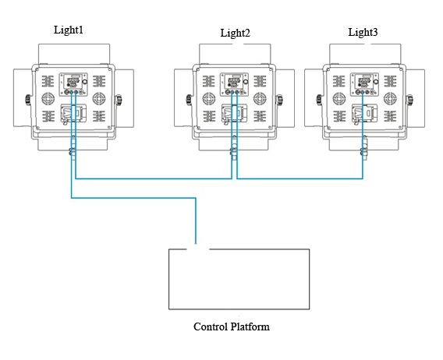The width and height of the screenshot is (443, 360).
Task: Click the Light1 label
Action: click(x=69, y=30)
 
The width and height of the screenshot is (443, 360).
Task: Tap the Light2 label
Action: click(x=235, y=33)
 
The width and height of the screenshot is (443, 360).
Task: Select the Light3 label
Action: click(x=363, y=32)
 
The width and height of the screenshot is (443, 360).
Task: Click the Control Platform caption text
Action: click(x=232, y=326)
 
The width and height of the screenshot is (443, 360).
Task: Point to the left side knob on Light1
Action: click(x=28, y=100)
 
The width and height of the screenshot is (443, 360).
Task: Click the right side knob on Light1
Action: click(x=119, y=100)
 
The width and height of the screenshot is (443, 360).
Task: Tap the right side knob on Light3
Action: click(x=410, y=100)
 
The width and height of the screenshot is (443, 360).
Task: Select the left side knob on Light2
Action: click(x=189, y=100)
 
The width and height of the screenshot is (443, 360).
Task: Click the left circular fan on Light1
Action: click(x=48, y=98)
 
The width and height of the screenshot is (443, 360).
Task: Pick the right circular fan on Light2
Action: click(x=260, y=98)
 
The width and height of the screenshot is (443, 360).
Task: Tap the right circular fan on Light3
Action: click(x=390, y=98)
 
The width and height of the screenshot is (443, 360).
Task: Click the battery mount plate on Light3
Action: click(x=364, y=113)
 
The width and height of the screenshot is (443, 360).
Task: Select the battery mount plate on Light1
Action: click(x=73, y=113)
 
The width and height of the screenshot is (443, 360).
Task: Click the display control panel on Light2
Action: click(x=234, y=84)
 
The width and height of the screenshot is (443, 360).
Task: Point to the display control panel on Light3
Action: click(x=364, y=84)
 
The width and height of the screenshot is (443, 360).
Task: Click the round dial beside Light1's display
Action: click(x=85, y=82)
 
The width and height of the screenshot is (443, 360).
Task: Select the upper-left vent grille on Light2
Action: click(x=209, y=81)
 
